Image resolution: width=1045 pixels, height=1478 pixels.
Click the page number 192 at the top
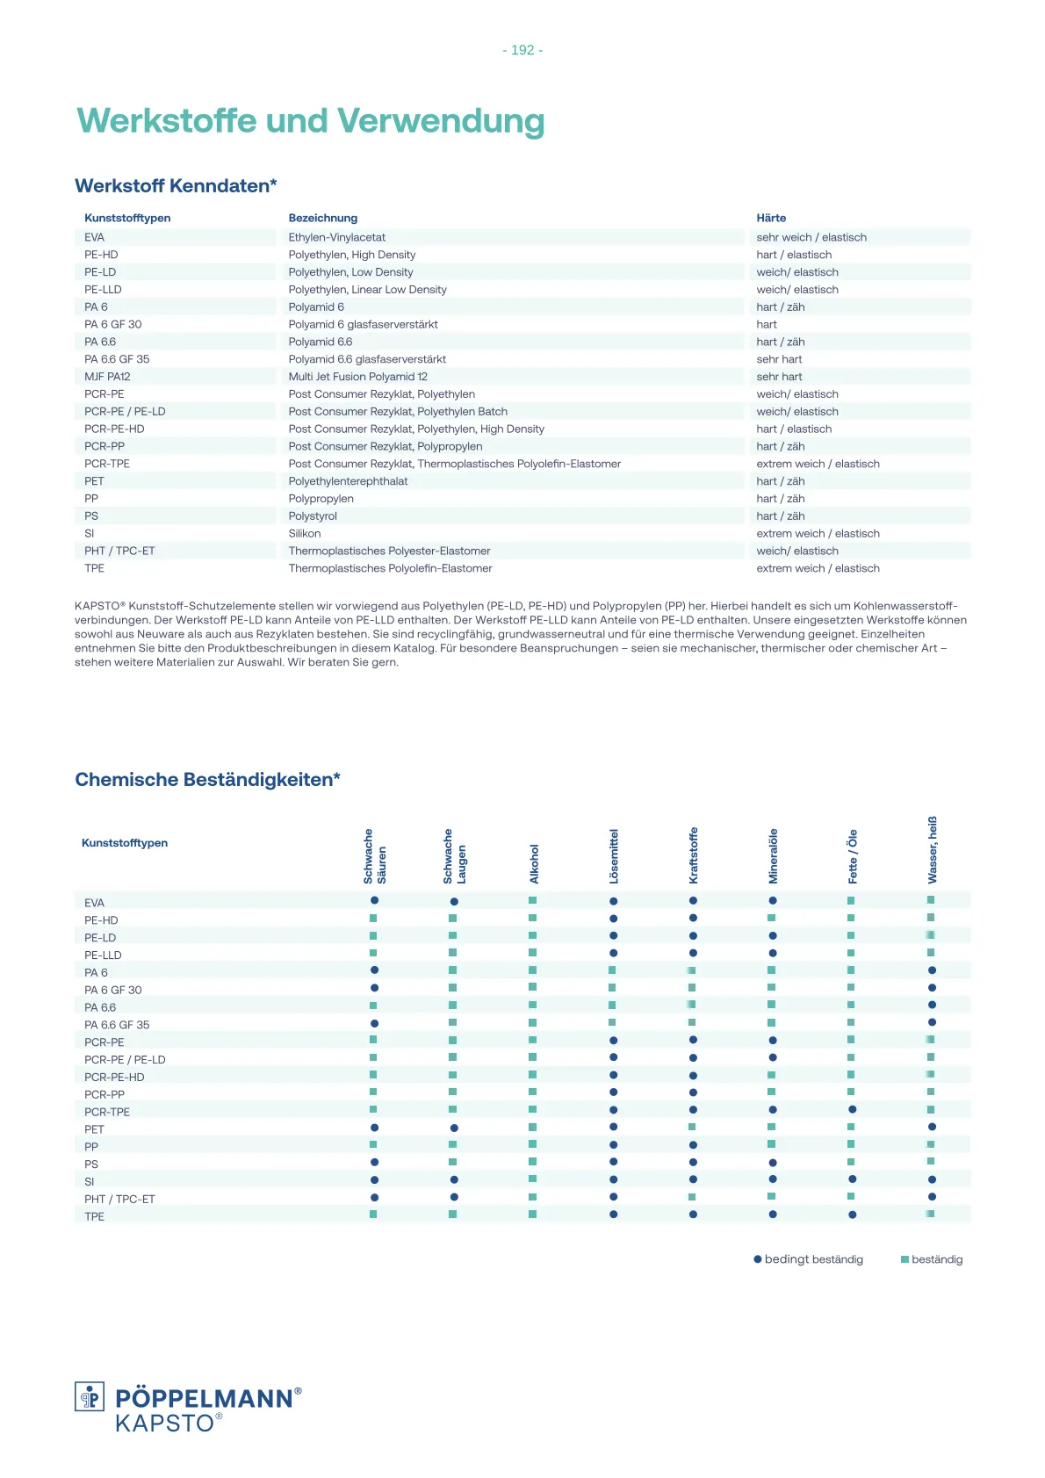(522, 51)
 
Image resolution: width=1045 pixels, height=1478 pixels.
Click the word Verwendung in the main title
(441, 121)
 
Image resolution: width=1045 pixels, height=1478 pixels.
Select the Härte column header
(771, 218)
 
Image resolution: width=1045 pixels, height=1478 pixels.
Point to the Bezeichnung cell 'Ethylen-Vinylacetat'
(337, 237)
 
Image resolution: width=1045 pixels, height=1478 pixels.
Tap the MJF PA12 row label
(107, 377)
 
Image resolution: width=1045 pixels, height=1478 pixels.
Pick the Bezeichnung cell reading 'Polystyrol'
(313, 516)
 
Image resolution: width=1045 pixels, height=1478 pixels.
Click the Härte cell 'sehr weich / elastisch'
(811, 237)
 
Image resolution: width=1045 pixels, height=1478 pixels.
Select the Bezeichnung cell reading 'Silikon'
(305, 533)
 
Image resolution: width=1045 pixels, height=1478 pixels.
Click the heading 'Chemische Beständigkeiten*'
(207, 780)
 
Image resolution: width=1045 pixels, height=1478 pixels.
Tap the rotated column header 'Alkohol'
(534, 863)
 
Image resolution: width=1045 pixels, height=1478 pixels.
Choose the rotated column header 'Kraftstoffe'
(693, 855)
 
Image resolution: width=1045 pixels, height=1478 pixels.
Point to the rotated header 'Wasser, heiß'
(932, 849)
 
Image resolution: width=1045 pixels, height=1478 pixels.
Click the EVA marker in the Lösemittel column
(613, 901)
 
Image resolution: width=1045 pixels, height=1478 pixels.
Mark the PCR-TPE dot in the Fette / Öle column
(852, 1110)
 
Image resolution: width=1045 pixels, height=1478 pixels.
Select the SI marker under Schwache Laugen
(454, 1179)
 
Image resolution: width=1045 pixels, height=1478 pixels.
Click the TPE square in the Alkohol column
(533, 1215)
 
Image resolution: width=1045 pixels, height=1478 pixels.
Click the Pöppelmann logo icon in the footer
(90, 1396)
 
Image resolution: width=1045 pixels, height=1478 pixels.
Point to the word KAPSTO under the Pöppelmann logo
(165, 1424)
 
